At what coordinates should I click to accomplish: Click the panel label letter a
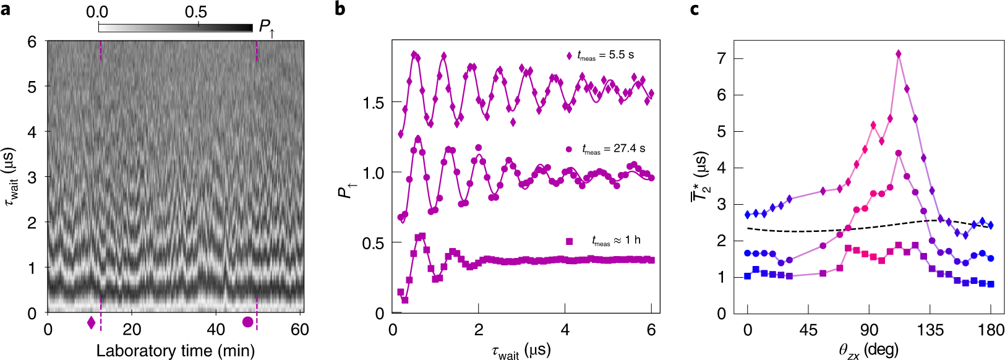[x=6, y=9]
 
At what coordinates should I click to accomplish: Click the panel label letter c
[x=695, y=9]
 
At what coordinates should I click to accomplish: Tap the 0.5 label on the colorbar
[x=196, y=12]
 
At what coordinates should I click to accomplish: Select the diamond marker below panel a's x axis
[x=92, y=322]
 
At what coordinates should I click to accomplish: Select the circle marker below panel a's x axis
[x=247, y=322]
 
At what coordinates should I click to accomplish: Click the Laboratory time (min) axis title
[x=176, y=351]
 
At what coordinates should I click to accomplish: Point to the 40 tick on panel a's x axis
[x=216, y=329]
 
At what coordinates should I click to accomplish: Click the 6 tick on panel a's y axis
[x=32, y=42]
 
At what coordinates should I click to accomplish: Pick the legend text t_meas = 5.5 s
[x=605, y=56]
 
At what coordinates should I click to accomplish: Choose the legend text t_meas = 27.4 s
[x=613, y=149]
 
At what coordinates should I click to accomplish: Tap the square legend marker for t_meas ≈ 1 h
[x=570, y=241]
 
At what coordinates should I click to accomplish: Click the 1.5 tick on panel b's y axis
[x=374, y=103]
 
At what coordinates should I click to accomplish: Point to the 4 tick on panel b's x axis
[x=565, y=330]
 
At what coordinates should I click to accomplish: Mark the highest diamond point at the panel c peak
[x=898, y=54]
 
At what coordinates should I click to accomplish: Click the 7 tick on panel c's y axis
[x=720, y=59]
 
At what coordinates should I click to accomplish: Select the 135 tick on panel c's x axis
[x=930, y=330]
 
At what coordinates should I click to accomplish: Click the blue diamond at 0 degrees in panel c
[x=748, y=215]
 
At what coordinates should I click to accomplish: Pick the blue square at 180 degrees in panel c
[x=991, y=284]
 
